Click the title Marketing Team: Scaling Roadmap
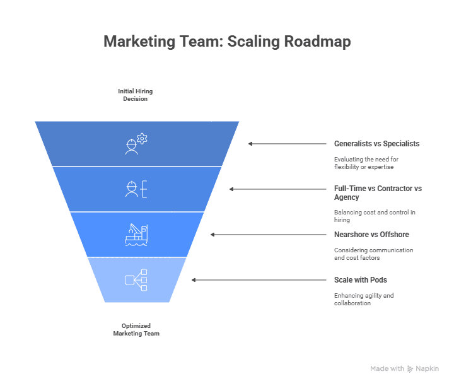pos(227,42)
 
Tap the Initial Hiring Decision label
pos(135,95)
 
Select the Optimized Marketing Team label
pos(136,330)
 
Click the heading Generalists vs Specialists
pos(376,144)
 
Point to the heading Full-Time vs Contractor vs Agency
pos(378,192)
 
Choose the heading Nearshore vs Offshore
pos(371,235)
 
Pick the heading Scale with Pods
pos(361,280)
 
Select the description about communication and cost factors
pos(373,254)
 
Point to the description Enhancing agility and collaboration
pos(364,299)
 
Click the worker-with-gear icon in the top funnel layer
pos(136,144)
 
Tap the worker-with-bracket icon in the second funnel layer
pos(136,189)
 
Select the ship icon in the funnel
pos(136,235)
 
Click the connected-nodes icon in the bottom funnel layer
pos(136,280)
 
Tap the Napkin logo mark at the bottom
pos(410,368)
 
